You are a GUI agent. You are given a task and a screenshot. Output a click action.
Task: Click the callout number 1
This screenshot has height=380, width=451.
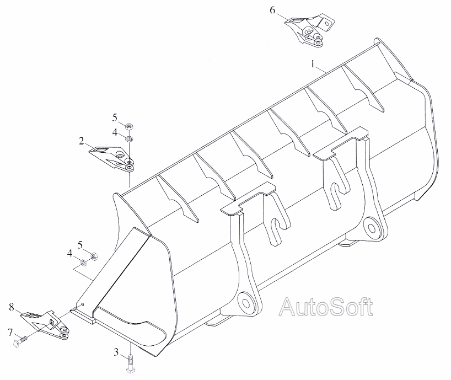313,65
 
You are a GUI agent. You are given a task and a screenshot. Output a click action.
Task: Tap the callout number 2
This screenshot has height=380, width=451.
81,141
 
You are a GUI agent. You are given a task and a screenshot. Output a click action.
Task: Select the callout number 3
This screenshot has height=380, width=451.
116,351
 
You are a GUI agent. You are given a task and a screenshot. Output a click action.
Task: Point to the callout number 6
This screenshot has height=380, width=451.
273,10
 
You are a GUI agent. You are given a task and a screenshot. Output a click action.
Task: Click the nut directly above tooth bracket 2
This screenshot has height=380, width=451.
128,126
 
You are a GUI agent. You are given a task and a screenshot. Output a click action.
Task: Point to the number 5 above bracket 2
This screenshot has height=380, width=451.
115,117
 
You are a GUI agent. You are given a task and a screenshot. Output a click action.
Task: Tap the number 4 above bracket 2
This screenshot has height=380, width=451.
115,132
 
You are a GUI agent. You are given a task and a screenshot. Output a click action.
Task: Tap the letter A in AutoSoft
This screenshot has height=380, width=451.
288,307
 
